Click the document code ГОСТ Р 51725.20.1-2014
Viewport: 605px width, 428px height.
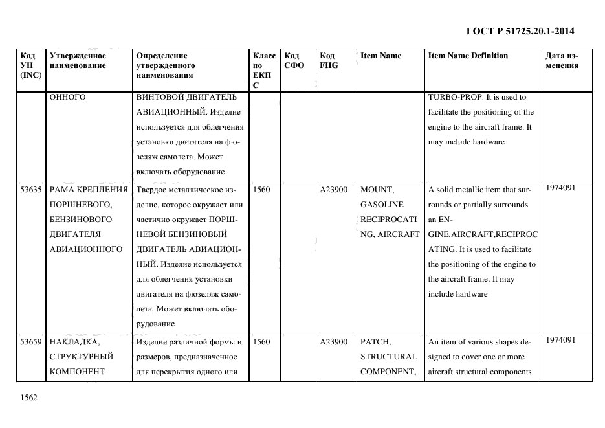(520, 31)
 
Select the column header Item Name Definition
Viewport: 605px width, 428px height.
(468, 56)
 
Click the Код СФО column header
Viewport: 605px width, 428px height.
(294, 60)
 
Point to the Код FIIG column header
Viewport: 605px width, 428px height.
(329, 60)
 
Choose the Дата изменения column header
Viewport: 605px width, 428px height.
(562, 60)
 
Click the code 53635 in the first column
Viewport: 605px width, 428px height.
(32, 190)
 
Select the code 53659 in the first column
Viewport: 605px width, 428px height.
(32, 341)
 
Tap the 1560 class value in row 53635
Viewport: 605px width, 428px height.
(261, 190)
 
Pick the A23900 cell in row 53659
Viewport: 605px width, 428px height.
(334, 341)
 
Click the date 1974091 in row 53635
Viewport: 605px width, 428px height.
(560, 188)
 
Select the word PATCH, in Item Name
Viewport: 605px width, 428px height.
(376, 341)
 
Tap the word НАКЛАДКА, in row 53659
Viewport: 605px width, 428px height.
(74, 341)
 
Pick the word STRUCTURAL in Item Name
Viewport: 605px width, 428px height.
(388, 356)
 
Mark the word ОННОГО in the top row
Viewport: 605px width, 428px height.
(68, 98)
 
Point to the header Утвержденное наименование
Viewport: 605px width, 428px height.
(78, 60)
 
